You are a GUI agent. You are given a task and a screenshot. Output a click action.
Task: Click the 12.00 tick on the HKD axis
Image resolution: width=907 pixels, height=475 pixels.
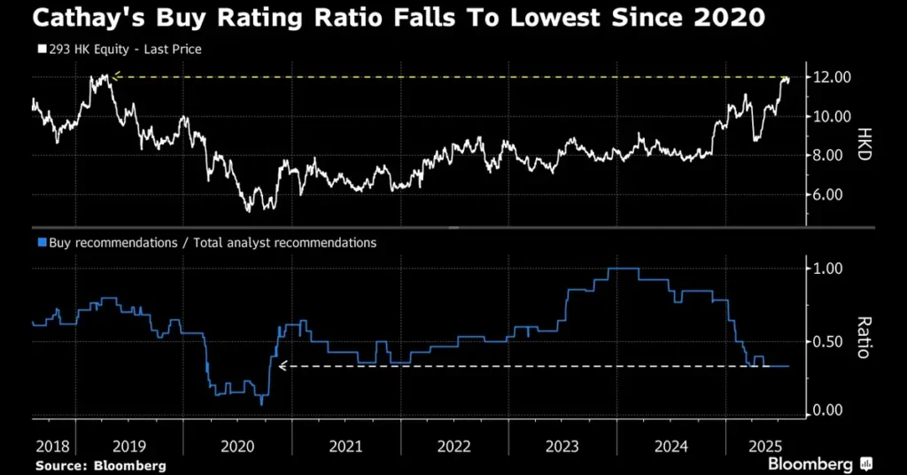833,78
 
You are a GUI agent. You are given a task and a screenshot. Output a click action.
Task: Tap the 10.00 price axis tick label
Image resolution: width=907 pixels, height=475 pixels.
833,117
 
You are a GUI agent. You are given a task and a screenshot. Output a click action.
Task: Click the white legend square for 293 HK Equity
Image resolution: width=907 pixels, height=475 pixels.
40,50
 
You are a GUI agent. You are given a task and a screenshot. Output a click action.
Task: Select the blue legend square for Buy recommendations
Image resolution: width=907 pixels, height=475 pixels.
40,242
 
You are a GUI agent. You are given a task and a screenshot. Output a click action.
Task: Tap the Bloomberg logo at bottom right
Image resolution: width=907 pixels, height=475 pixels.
819,463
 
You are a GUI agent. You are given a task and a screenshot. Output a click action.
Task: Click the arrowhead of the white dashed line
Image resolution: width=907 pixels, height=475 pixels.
283,365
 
